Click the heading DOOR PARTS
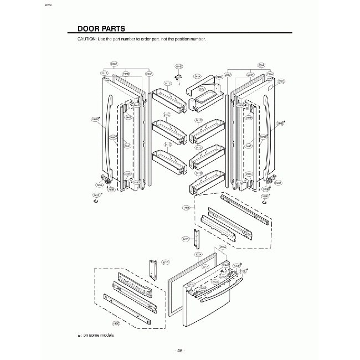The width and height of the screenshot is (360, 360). pos(101,28)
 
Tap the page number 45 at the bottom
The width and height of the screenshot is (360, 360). pos(179,350)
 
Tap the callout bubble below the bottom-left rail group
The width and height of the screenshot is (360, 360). pos(116,323)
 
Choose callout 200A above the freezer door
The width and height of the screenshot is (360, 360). pos(223,246)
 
